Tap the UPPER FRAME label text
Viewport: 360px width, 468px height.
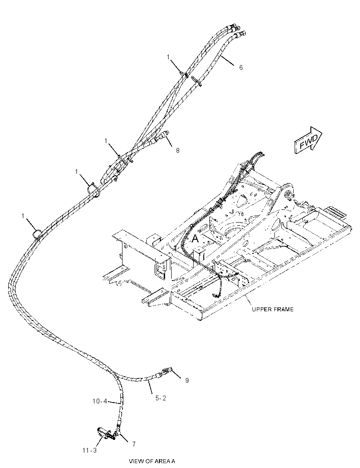[x=273, y=309]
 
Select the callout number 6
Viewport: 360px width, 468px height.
[x=241, y=68]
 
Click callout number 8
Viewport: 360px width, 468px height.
[x=178, y=151]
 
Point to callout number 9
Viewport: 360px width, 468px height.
[x=187, y=381]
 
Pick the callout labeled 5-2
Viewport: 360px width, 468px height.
[x=161, y=398]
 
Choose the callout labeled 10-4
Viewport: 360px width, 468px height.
[x=100, y=401]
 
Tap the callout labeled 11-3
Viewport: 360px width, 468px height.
[x=90, y=450]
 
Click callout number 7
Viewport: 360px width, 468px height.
[x=134, y=444]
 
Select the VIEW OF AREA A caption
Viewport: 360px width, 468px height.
[x=151, y=461]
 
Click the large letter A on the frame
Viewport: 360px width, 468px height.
[x=195, y=238]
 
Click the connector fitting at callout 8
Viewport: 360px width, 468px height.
[x=162, y=136]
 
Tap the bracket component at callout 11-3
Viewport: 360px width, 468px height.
[x=105, y=433]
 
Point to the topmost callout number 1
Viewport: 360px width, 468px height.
[x=168, y=57]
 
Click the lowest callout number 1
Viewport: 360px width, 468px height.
[x=23, y=216]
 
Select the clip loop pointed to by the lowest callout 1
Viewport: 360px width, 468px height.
[x=38, y=233]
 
